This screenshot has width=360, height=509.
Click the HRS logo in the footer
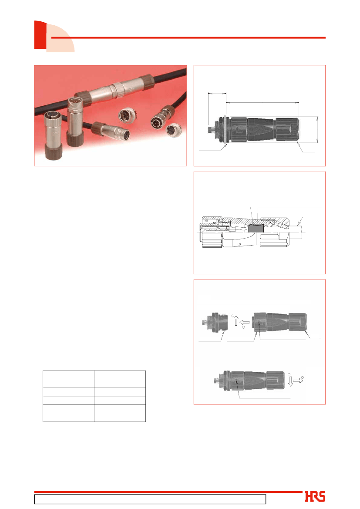[315, 496]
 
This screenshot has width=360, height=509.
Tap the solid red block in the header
[40, 35]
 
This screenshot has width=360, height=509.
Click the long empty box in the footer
[150, 499]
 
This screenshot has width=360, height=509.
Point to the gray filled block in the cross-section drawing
[256, 229]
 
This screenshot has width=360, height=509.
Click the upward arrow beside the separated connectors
[236, 321]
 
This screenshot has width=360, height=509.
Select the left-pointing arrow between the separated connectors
[245, 323]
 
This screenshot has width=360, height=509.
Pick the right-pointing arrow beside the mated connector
[298, 381]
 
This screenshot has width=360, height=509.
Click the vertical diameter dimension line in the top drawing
[317, 130]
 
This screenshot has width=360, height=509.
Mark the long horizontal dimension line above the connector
[262, 103]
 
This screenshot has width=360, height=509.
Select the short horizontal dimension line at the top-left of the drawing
[217, 94]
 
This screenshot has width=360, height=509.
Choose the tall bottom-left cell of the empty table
[68, 413]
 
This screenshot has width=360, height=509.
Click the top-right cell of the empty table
[120, 374]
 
